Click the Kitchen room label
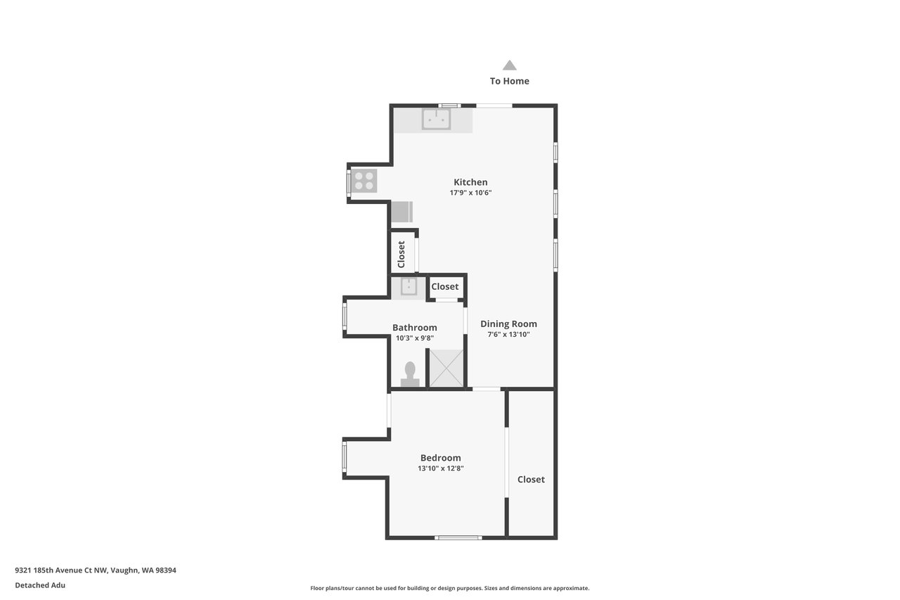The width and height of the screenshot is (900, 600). click(x=470, y=182)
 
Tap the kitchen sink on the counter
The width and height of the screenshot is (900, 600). click(x=436, y=120)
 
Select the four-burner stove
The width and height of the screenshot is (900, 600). click(x=364, y=181)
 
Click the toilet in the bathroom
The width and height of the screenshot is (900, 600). click(x=410, y=374)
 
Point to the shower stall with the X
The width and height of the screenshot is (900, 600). click(x=446, y=369)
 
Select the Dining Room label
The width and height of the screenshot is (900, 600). click(x=508, y=324)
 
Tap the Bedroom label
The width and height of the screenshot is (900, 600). click(x=441, y=458)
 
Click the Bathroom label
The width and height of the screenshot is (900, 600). click(x=415, y=328)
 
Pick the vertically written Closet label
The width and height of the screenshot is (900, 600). click(x=401, y=255)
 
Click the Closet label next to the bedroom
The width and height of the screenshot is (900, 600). click(x=531, y=480)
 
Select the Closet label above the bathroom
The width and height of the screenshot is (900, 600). click(x=445, y=286)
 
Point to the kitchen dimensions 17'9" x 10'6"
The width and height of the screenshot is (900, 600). click(x=470, y=193)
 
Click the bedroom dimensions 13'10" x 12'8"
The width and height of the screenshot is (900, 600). click(x=441, y=468)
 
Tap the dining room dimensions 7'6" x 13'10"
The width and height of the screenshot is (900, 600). click(x=508, y=334)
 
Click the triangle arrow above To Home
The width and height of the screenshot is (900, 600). click(x=510, y=65)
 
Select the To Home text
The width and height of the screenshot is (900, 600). click(x=510, y=81)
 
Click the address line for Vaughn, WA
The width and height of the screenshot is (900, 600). click(x=96, y=570)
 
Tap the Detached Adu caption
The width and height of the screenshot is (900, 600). click(x=40, y=585)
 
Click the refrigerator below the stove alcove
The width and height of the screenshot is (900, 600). click(x=401, y=212)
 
